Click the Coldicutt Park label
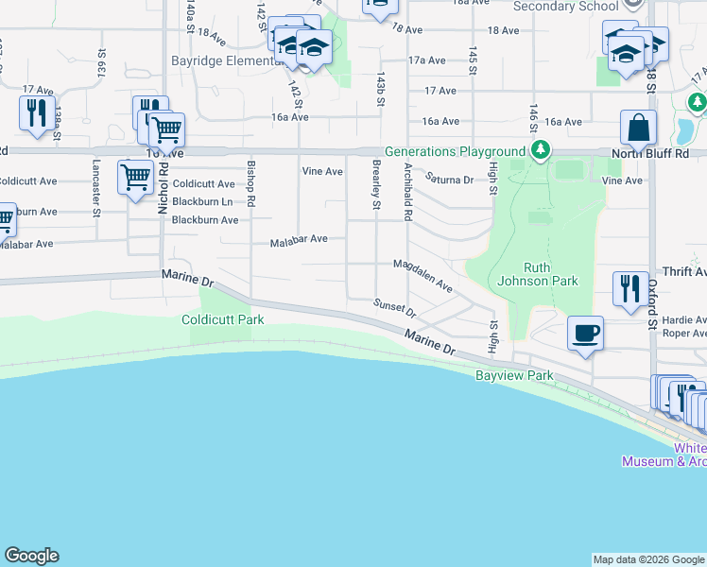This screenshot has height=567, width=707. (223, 319)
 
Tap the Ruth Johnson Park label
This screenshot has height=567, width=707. (537, 273)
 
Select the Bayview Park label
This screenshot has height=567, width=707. (513, 376)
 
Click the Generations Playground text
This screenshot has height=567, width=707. (454, 151)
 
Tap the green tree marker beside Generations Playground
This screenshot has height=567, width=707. (540, 149)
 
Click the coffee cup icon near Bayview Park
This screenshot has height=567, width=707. (586, 333)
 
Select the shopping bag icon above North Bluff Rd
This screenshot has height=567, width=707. (639, 127)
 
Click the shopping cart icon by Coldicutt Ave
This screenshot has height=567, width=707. (135, 176)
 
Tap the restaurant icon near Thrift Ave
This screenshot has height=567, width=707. (630, 287)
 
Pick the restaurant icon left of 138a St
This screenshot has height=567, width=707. (36, 112)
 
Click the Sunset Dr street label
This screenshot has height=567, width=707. (394, 307)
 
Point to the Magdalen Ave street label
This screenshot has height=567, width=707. (422, 275)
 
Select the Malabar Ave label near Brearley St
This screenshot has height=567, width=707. (299, 239)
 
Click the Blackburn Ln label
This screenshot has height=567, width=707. (200, 201)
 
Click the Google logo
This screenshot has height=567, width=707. (31, 556)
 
